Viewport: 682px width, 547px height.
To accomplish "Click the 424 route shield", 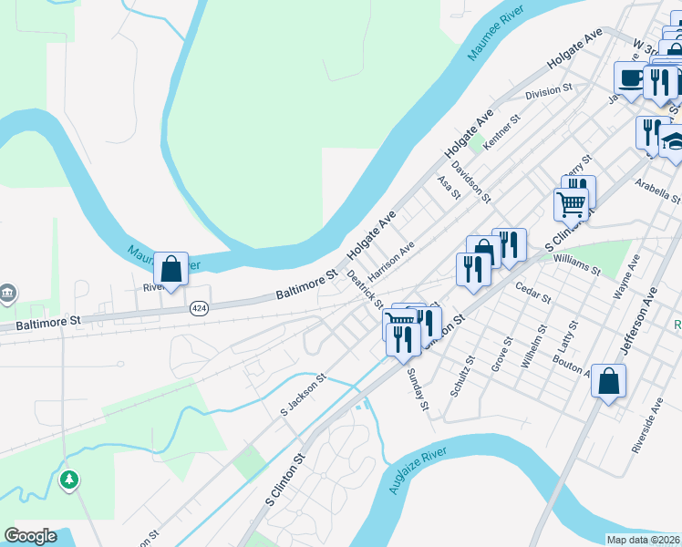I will click(198, 309).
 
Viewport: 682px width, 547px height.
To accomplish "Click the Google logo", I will click(30, 536).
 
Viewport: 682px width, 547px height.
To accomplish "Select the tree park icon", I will click(68, 479).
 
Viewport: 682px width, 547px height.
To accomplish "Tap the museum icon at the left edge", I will click(7, 293).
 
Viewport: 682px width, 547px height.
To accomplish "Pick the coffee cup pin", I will click(630, 78).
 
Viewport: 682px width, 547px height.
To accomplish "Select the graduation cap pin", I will click(675, 141).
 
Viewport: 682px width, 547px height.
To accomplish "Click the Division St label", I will click(547, 91).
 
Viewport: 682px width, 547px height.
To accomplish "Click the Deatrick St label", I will click(365, 289).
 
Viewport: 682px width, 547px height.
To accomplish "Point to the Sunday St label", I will click(418, 389).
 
